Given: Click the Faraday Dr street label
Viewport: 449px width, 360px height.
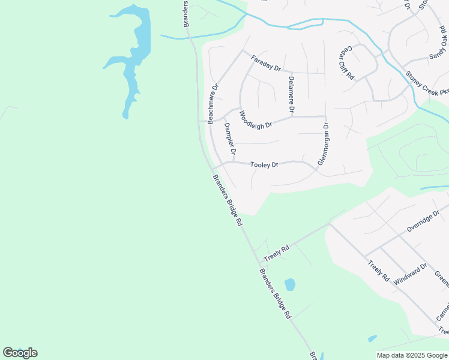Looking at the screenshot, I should [266, 63].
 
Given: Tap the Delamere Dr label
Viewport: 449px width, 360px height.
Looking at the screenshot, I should [291, 94].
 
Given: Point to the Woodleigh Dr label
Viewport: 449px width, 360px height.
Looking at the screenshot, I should [256, 119].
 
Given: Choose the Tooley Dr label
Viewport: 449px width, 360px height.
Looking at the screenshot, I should [264, 164].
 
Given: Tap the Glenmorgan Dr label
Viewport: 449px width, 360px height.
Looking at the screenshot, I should [324, 144].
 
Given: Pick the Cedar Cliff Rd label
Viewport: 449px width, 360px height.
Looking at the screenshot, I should [346, 63].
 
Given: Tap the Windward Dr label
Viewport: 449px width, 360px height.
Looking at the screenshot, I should [411, 274].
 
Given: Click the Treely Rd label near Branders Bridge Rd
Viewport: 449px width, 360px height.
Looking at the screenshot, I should [276, 251].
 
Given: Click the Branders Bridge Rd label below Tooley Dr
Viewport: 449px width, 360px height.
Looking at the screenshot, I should [228, 200].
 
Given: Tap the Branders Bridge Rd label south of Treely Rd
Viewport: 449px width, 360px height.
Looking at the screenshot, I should [275, 293].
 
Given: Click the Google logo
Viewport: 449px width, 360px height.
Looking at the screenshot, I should [20, 353].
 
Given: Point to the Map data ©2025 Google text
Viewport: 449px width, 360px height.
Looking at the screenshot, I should [411, 355].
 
